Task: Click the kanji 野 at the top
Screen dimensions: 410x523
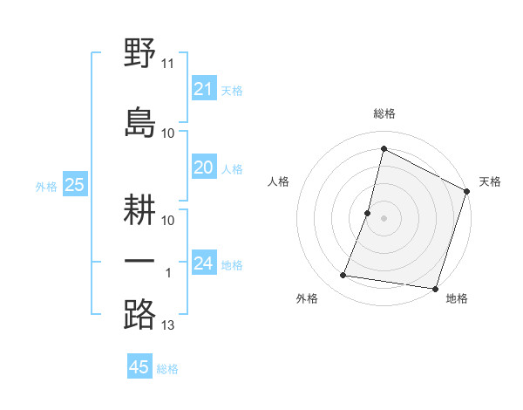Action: pyautogui.click(x=139, y=54)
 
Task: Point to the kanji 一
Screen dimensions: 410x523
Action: pyautogui.click(x=139, y=261)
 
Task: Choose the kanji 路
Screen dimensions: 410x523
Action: pyautogui.click(x=139, y=314)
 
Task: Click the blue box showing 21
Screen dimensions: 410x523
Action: pyautogui.click(x=204, y=89)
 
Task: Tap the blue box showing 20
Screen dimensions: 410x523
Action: pyautogui.click(x=204, y=168)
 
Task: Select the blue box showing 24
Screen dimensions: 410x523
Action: pyautogui.click(x=204, y=263)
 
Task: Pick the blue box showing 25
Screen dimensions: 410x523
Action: pyautogui.click(x=74, y=185)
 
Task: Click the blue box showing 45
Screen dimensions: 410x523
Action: pyautogui.click(x=139, y=367)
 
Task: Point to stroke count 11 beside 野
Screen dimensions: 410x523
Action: pyautogui.click(x=168, y=65)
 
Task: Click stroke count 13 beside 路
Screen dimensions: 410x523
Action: pyautogui.click(x=168, y=325)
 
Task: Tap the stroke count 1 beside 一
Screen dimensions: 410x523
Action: pyautogui.click(x=168, y=273)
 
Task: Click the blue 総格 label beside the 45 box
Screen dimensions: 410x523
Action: pyautogui.click(x=167, y=369)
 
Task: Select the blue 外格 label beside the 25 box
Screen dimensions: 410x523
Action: pyautogui.click(x=46, y=186)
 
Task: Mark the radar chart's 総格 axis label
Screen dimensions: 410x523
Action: pyautogui.click(x=384, y=114)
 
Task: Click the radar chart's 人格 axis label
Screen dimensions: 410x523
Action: pyautogui.click(x=279, y=181)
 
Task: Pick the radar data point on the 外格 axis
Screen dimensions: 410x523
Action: pyautogui.click(x=343, y=276)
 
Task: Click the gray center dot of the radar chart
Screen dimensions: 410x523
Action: pyautogui.click(x=384, y=218)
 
